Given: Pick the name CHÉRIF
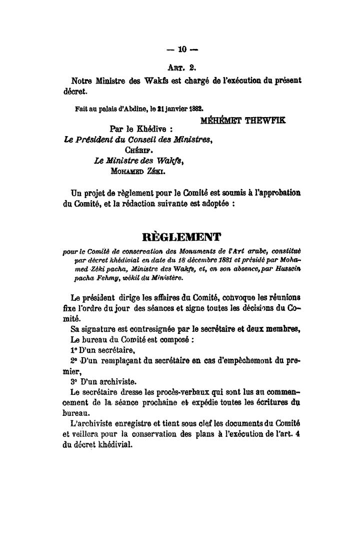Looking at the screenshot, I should tap(136, 148).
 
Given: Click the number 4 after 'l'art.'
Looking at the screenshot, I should tap(297, 435).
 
